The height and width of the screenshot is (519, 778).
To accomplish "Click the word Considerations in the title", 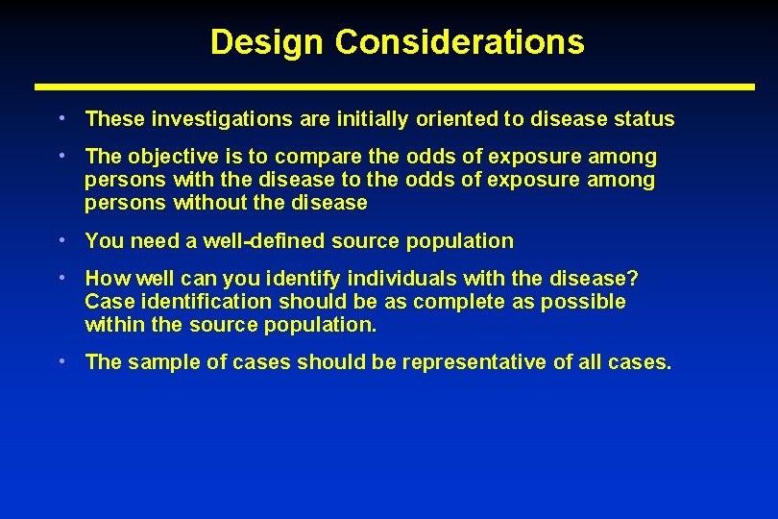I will (460, 42).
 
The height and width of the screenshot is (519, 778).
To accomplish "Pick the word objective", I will (164, 157).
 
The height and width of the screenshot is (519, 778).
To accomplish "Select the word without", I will (208, 203).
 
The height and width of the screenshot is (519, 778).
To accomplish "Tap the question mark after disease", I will (633, 279).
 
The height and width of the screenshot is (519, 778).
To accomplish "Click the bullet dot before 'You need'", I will (61, 240).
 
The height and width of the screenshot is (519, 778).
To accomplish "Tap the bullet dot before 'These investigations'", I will (61, 118).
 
